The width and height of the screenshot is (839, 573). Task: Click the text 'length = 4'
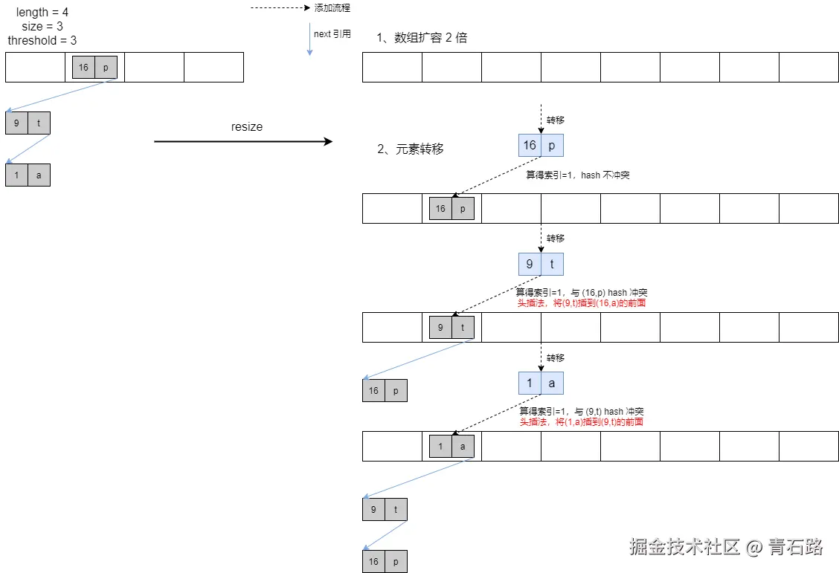42,13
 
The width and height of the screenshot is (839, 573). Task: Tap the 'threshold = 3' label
42,40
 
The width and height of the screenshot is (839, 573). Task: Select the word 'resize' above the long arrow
247,127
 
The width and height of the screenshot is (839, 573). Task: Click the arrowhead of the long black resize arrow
327,141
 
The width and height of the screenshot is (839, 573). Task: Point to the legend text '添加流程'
332,8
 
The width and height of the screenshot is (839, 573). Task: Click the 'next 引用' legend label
332,34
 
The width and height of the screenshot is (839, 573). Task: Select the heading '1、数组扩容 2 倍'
422,38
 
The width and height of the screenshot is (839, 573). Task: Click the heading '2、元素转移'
411,149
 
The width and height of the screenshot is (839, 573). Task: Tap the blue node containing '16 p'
541,145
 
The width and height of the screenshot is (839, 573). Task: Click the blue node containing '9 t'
541,264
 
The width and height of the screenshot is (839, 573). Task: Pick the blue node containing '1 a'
541,383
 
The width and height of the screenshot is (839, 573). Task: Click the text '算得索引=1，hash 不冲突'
578,175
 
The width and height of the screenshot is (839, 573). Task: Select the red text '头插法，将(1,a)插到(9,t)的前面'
581,421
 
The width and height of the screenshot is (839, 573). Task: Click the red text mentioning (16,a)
581,302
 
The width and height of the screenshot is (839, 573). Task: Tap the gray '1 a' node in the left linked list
28,175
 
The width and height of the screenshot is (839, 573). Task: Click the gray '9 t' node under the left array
28,123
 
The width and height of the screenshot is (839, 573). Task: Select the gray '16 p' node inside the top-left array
94,67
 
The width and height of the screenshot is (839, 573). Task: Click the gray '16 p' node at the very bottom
385,561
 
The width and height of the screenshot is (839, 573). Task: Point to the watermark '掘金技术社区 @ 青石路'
726,547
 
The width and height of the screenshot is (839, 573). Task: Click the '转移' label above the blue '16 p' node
556,120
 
